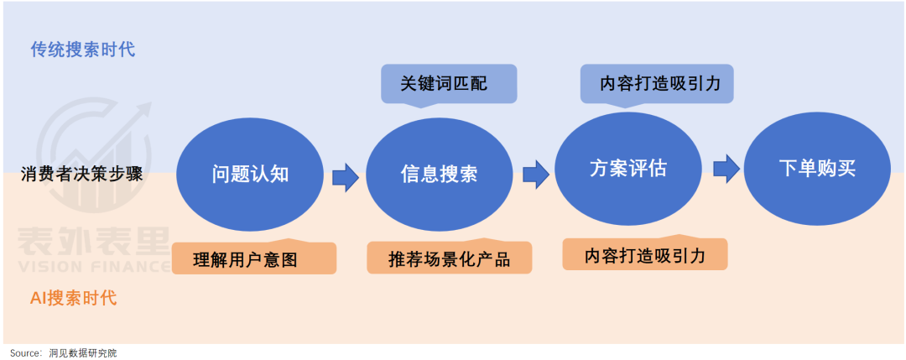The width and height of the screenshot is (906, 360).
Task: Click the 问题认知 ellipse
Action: pos(250,174)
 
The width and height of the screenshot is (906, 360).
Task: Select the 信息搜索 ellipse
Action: pos(439,175)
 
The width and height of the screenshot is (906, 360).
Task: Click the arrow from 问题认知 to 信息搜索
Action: pos(345,176)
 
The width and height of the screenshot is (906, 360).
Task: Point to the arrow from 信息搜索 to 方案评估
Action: pos(534,175)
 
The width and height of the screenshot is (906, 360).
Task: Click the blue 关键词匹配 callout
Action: pos(449,84)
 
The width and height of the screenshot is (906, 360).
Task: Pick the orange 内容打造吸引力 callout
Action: pos(644,254)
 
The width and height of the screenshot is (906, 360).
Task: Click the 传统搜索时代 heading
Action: pos(83,50)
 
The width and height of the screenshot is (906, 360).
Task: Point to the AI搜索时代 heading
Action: pos(74,297)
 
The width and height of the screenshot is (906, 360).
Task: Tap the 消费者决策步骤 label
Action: pos(81,175)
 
